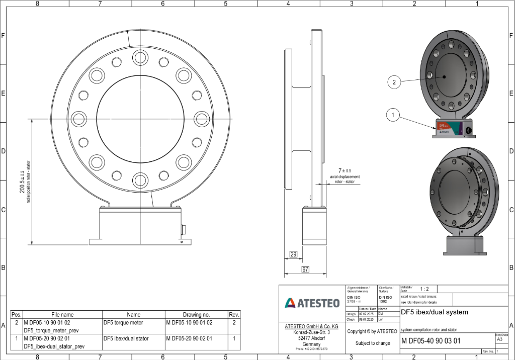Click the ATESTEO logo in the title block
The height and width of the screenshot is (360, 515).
point(312,303)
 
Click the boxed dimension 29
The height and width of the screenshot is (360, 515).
point(293,255)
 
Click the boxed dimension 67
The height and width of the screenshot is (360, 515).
point(305,270)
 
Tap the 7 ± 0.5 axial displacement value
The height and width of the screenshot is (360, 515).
point(345,171)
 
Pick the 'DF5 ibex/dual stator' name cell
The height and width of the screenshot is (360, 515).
point(126,338)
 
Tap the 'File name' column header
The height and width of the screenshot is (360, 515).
point(62,314)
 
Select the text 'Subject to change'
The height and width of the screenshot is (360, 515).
point(373,343)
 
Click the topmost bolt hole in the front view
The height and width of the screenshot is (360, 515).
point(139,55)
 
